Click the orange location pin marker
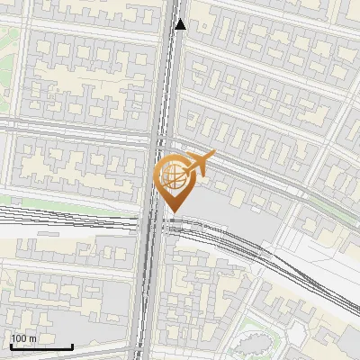click(174, 176)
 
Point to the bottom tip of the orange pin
click(174, 211)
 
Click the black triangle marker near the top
click(180, 24)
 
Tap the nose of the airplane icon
click(213, 155)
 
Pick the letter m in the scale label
click(32, 338)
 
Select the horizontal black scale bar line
click(40, 346)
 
